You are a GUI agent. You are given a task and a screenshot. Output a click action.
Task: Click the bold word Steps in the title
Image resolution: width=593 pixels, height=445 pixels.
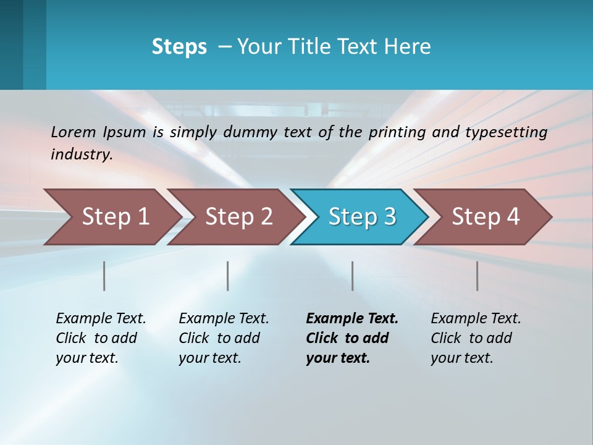coord(179,47)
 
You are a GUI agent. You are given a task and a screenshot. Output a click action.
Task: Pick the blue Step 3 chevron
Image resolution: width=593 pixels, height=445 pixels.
coord(361,217)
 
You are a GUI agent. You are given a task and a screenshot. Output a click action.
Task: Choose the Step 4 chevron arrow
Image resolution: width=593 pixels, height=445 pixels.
coord(485,217)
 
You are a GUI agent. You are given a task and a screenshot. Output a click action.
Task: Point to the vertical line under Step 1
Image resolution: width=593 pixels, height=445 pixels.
coord(104,276)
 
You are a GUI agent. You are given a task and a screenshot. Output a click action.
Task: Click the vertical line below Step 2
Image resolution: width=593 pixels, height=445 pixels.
coord(228,276)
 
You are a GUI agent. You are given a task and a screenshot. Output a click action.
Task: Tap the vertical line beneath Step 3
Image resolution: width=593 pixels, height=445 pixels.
coord(353,276)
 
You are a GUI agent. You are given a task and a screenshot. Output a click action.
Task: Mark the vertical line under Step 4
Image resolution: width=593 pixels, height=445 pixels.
coord(477,276)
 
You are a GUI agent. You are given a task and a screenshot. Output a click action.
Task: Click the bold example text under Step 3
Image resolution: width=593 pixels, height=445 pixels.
coord(351,338)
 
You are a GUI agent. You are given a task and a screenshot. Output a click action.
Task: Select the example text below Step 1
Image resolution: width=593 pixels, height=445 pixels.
coord(100,338)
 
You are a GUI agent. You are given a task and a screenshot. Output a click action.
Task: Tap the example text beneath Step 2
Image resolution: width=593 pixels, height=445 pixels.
coord(223,338)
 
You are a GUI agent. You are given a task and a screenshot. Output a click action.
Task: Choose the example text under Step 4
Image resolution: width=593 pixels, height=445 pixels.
coord(475,338)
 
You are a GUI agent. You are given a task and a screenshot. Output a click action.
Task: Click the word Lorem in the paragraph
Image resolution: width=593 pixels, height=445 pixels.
coord(74,132)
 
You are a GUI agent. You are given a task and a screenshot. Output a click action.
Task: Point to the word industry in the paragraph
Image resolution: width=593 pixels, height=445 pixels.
coord(82,155)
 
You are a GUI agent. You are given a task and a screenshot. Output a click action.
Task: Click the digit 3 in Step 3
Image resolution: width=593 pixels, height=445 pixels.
coord(390,217)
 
